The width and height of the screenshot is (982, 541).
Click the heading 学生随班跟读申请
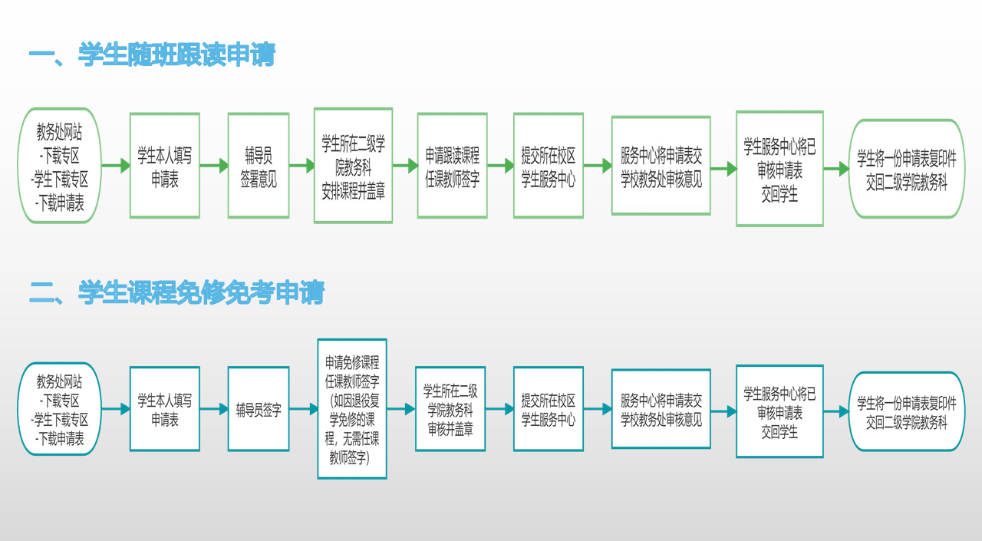pyautogui.click(x=176, y=55)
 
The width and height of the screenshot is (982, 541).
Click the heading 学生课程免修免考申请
pyautogui.click(x=201, y=292)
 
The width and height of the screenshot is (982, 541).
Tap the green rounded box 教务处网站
pyautogui.click(x=60, y=166)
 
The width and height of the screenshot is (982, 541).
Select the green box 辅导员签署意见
pyautogui.click(x=259, y=166)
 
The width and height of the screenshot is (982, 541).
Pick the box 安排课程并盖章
pyautogui.click(x=353, y=166)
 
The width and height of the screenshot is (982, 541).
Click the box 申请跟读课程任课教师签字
pyautogui.click(x=452, y=166)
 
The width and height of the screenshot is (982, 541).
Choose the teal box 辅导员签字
pyautogui.click(x=259, y=409)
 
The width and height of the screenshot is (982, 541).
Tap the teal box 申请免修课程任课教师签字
pyautogui.click(x=352, y=409)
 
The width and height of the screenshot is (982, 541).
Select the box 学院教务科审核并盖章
pyautogui.click(x=450, y=409)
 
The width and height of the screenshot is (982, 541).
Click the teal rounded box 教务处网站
pyautogui.click(x=60, y=409)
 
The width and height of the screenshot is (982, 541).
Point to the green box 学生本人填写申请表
pyautogui.click(x=164, y=166)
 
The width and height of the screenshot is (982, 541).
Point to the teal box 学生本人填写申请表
pyautogui.click(x=164, y=409)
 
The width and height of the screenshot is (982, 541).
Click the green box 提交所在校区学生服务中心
pyautogui.click(x=549, y=166)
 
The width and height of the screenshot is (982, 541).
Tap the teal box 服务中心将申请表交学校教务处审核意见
pyautogui.click(x=661, y=409)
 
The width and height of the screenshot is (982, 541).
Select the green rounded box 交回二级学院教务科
pyautogui.click(x=906, y=169)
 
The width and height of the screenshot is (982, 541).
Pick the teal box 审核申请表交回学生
pyautogui.click(x=779, y=412)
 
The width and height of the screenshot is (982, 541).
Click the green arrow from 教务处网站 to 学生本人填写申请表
pyautogui.click(x=115, y=166)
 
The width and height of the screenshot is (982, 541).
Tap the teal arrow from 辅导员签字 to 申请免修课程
pyautogui.click(x=304, y=409)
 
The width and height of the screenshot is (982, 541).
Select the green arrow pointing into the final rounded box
pyautogui.click(x=836, y=169)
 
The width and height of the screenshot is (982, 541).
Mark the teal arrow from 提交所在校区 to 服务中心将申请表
pyautogui.click(x=598, y=409)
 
